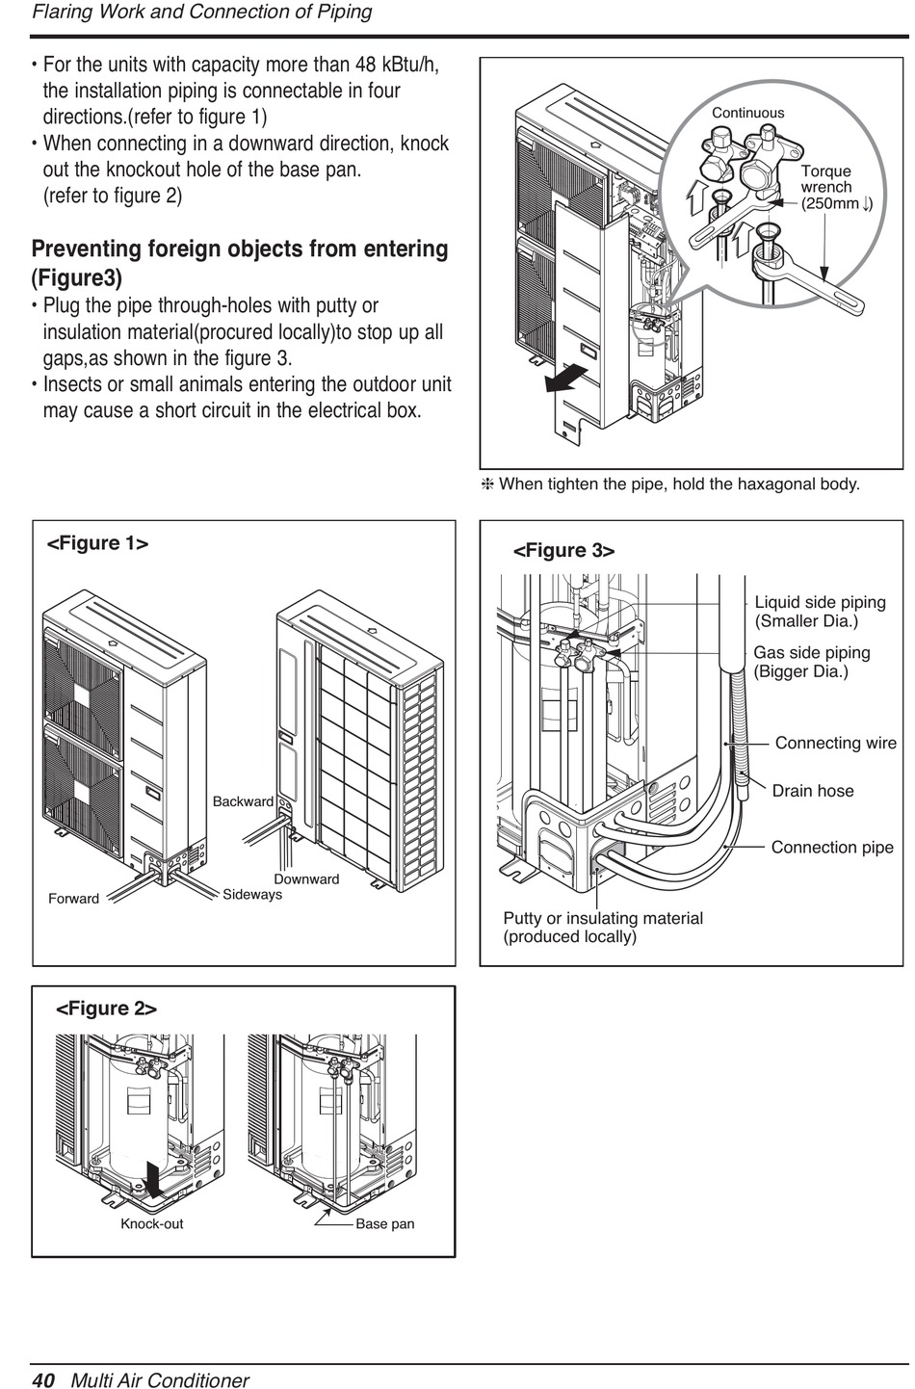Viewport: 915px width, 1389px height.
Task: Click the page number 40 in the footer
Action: [x=43, y=1379]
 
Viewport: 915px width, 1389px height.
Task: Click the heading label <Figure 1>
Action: [x=97, y=543]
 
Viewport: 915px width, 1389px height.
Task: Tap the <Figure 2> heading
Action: [x=107, y=1009]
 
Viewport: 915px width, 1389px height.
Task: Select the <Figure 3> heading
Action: [x=564, y=551]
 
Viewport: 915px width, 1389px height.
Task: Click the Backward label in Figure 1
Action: [x=243, y=801]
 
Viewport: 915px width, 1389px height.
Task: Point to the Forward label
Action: [x=74, y=899]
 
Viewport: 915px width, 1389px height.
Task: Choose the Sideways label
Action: [x=252, y=894]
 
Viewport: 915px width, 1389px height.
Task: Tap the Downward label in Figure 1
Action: [x=306, y=878]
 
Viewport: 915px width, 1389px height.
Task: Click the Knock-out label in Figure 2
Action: [x=152, y=1223]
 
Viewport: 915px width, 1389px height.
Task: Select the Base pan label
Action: [x=385, y=1223]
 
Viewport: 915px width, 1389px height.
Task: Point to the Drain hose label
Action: [x=813, y=791]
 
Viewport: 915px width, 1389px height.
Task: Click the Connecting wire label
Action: [x=836, y=743]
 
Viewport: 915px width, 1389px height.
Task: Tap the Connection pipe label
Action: [x=832, y=847]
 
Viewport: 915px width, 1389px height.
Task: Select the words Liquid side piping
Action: [x=821, y=602]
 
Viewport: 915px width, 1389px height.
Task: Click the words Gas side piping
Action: [x=812, y=652]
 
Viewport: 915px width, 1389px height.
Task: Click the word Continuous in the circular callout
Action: [x=747, y=113]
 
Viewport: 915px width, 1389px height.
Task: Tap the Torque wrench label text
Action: [x=826, y=178]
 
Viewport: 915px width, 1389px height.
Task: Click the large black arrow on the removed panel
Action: [x=566, y=378]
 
